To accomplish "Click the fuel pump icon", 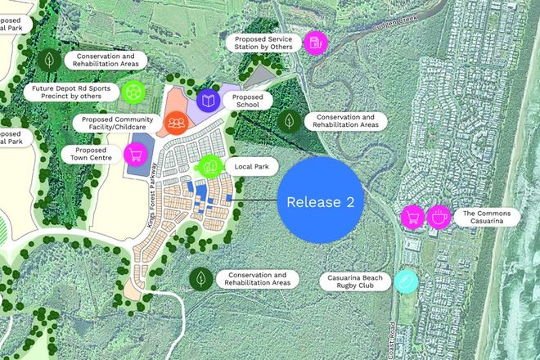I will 314,43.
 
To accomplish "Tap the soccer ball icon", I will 133,92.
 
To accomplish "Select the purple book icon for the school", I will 209,101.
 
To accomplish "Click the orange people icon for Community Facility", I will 176,123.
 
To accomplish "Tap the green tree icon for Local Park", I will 210,165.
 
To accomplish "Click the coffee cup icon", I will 439,217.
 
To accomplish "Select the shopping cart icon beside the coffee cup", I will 412,217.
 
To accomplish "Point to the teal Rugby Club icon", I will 406,281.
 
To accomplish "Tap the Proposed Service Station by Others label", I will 263,43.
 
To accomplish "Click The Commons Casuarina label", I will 486,217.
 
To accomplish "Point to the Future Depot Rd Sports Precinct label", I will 72,92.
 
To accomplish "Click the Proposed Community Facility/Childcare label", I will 117,123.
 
